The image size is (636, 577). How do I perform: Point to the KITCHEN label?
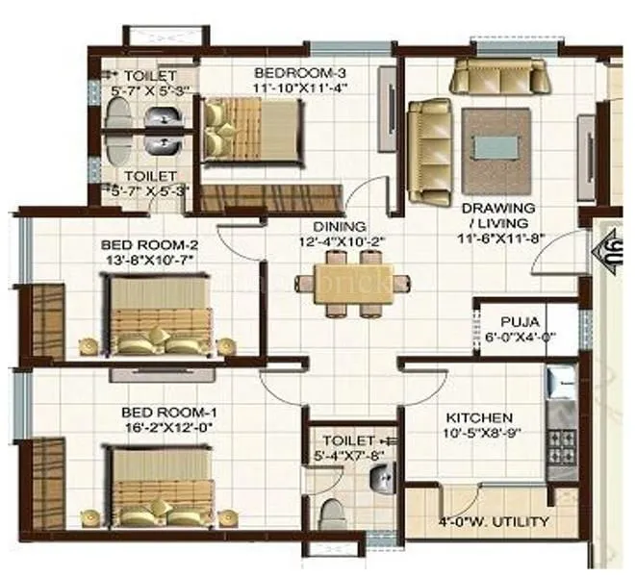coord(478,418)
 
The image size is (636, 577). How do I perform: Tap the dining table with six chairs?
coord(344,284)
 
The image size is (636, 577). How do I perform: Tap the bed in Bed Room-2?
coord(160,315)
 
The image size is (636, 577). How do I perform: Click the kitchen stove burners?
coord(560,444)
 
